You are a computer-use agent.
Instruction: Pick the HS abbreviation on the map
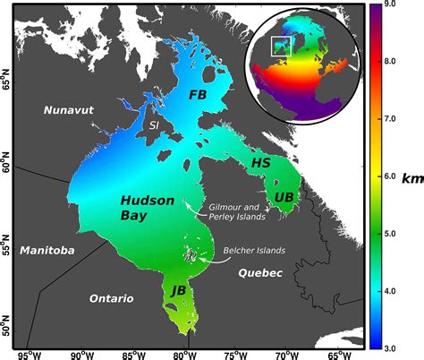(x=260, y=163)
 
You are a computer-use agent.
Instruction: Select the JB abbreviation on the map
(x=179, y=292)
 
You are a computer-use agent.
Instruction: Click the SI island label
(x=155, y=126)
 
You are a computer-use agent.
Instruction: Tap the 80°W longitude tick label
(x=186, y=352)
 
